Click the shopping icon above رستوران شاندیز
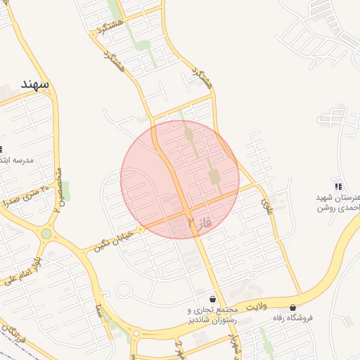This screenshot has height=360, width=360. pyautogui.click(x=212, y=299)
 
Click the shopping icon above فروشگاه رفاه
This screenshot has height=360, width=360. pyautogui.click(x=292, y=307)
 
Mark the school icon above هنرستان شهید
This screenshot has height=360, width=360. pyautogui.click(x=338, y=187)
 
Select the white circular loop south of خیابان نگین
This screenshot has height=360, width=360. pyautogui.click(x=124, y=290)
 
